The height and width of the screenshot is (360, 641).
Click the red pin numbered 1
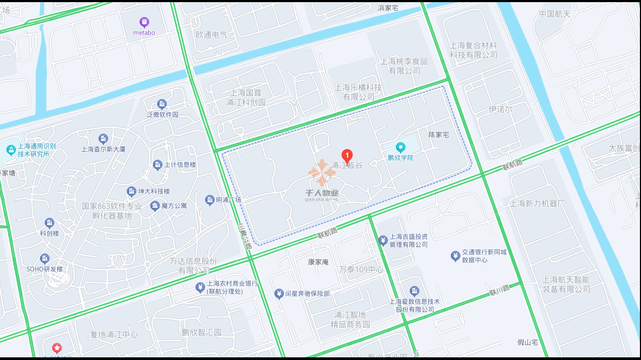click(x=347, y=156)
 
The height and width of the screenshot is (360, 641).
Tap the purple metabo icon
click(x=144, y=22)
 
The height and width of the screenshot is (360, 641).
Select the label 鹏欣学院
click(x=400, y=158)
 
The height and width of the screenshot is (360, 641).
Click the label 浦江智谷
click(x=347, y=166)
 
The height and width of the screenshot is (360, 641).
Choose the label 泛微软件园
click(x=162, y=115)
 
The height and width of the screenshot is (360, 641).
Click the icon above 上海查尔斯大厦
click(x=103, y=139)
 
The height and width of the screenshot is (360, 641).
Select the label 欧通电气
click(x=211, y=35)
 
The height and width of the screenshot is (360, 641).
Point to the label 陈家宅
click(x=439, y=135)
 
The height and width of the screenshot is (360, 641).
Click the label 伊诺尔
click(x=500, y=109)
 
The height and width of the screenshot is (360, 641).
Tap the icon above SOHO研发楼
click(x=45, y=259)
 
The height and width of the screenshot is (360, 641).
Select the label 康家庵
click(x=319, y=262)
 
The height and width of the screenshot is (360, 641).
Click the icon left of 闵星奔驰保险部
click(x=278, y=293)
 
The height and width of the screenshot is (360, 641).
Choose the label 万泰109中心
click(x=361, y=269)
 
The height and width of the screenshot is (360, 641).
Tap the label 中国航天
click(x=554, y=14)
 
